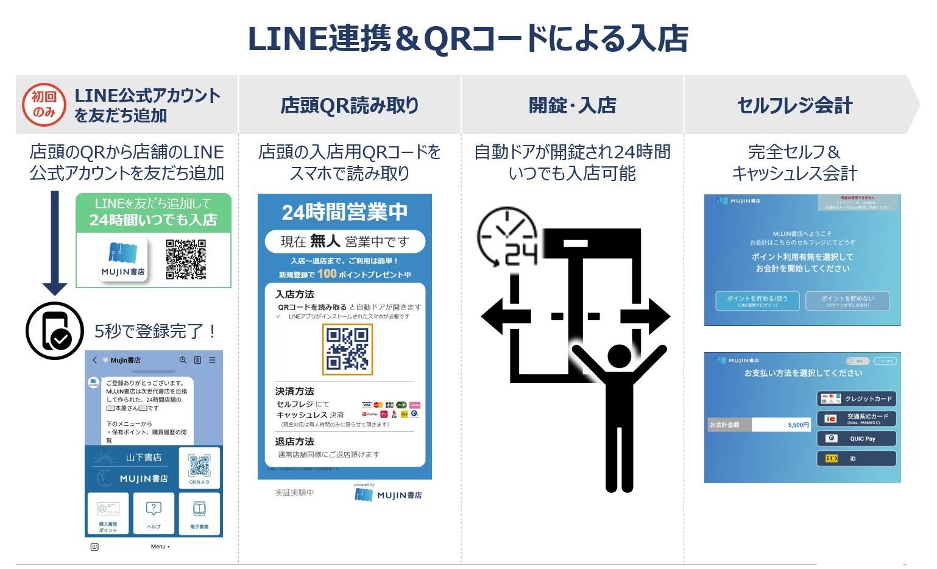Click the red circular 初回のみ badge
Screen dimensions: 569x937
click(x=44, y=105)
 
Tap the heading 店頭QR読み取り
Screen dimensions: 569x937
click(x=350, y=105)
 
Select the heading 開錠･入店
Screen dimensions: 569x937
click(x=572, y=105)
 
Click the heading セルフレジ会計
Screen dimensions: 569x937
click(x=794, y=105)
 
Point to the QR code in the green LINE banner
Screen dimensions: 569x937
click(x=186, y=260)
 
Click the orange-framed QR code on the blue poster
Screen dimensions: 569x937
click(x=347, y=349)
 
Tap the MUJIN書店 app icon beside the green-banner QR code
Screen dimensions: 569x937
click(x=124, y=260)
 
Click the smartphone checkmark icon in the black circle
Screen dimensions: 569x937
click(x=55, y=331)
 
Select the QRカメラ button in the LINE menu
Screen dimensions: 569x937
click(x=199, y=468)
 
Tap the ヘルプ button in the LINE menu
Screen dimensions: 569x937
click(x=154, y=514)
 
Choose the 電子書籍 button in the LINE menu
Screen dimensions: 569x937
click(x=199, y=514)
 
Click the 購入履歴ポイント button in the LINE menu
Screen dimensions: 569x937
click(x=108, y=514)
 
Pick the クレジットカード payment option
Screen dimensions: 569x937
click(x=856, y=399)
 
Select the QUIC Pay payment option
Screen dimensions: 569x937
click(x=856, y=439)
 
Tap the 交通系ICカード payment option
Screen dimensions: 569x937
click(x=856, y=419)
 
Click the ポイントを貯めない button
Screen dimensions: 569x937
click(x=847, y=301)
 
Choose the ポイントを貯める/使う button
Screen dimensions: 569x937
click(x=757, y=301)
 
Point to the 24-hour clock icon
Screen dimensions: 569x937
click(x=507, y=238)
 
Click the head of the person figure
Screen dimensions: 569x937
click(x=619, y=356)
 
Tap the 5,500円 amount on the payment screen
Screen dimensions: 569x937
click(x=798, y=425)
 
